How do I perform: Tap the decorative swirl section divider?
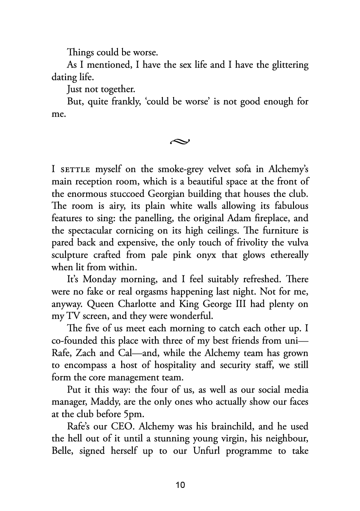[180, 142]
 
